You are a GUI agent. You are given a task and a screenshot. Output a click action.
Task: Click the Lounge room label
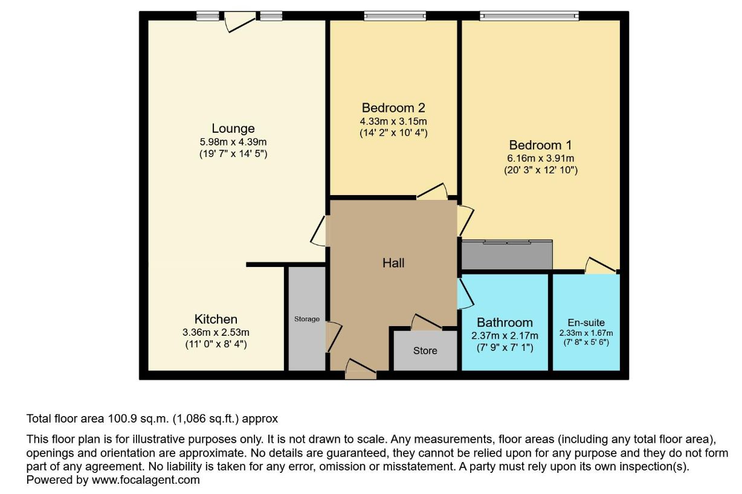(x=233, y=129)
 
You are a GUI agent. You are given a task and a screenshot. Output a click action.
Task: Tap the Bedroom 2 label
(x=393, y=108)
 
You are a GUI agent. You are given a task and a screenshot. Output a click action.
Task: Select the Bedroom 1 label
(x=541, y=145)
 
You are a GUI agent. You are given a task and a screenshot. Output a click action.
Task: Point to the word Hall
(x=393, y=263)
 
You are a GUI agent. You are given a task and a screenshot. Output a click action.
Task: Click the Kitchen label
(x=216, y=319)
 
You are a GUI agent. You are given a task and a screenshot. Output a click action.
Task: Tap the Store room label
(x=425, y=351)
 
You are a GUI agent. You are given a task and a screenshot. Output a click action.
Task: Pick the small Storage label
(x=307, y=319)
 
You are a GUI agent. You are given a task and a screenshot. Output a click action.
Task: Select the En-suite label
(x=586, y=322)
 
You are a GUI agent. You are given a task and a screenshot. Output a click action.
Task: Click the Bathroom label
(x=505, y=322)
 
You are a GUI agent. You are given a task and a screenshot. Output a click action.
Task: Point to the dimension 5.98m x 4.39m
(x=233, y=142)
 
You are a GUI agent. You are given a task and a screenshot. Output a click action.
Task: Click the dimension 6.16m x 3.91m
(x=541, y=159)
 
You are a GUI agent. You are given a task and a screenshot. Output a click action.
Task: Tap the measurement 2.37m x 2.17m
(x=505, y=336)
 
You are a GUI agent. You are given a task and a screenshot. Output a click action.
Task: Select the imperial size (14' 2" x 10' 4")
(x=393, y=133)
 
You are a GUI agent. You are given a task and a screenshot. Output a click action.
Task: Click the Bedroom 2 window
(x=395, y=16)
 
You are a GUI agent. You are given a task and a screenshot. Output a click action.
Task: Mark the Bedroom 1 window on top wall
(x=529, y=16)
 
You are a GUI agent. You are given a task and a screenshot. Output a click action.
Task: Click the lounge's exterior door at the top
(x=240, y=22)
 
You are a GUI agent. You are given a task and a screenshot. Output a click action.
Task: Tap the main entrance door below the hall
(x=361, y=369)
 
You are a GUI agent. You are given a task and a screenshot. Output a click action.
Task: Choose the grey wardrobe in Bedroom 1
(x=507, y=255)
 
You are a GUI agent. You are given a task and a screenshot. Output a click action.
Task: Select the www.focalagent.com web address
(x=146, y=480)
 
